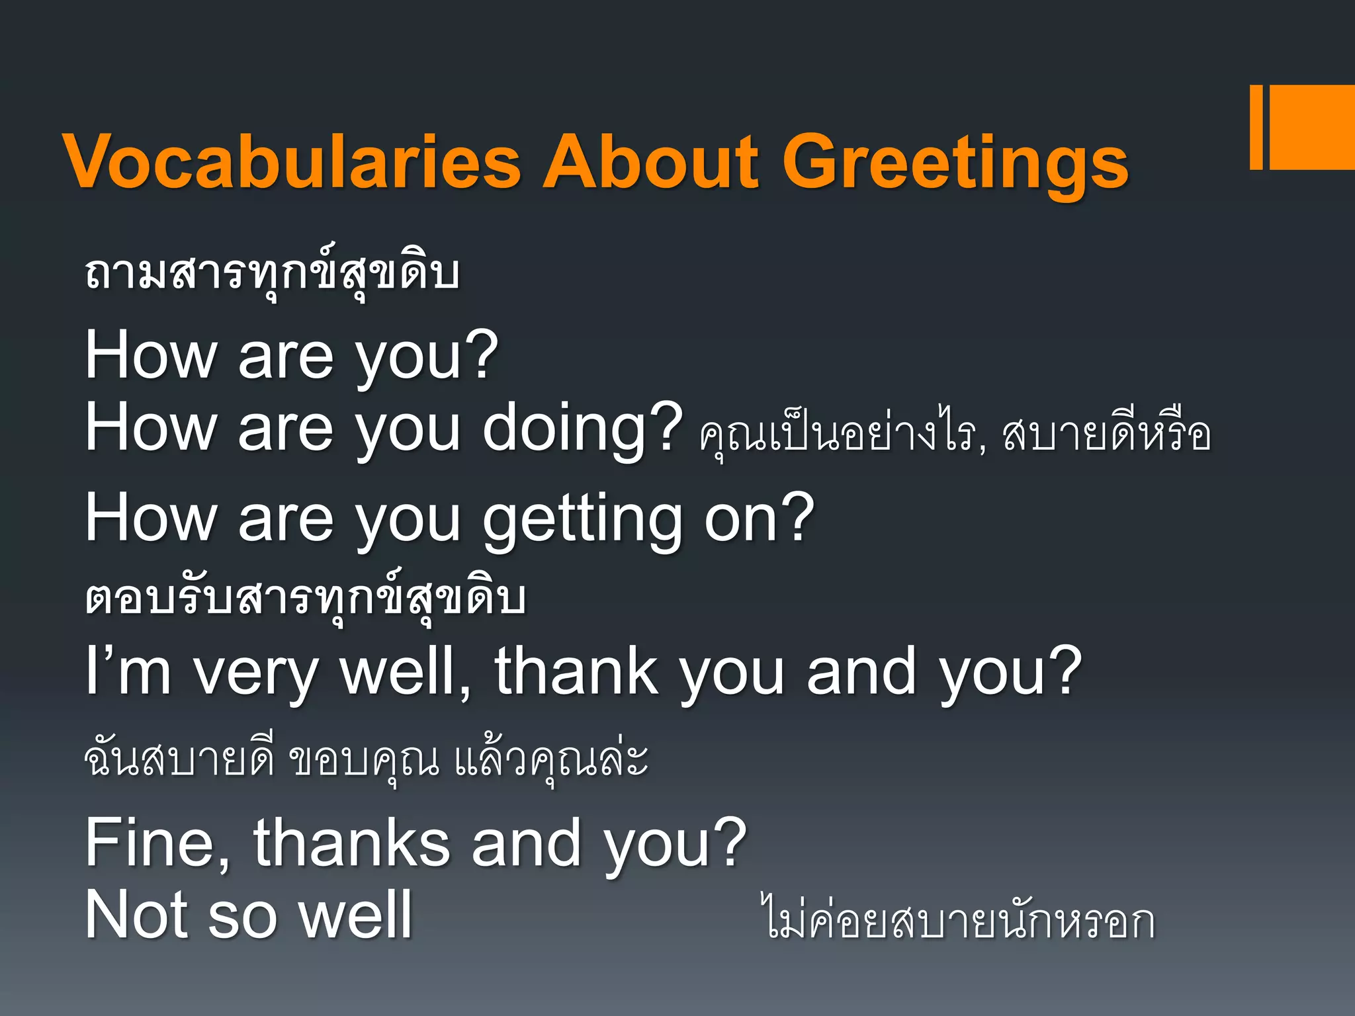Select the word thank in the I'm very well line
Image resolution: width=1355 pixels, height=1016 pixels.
[576, 671]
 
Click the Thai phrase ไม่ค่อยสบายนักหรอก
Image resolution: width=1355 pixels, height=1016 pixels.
[959, 919]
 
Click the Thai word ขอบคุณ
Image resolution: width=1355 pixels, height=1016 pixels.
[365, 761]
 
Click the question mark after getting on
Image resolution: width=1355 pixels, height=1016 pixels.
[794, 517]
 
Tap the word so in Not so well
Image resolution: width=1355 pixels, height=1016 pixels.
[241, 917]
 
